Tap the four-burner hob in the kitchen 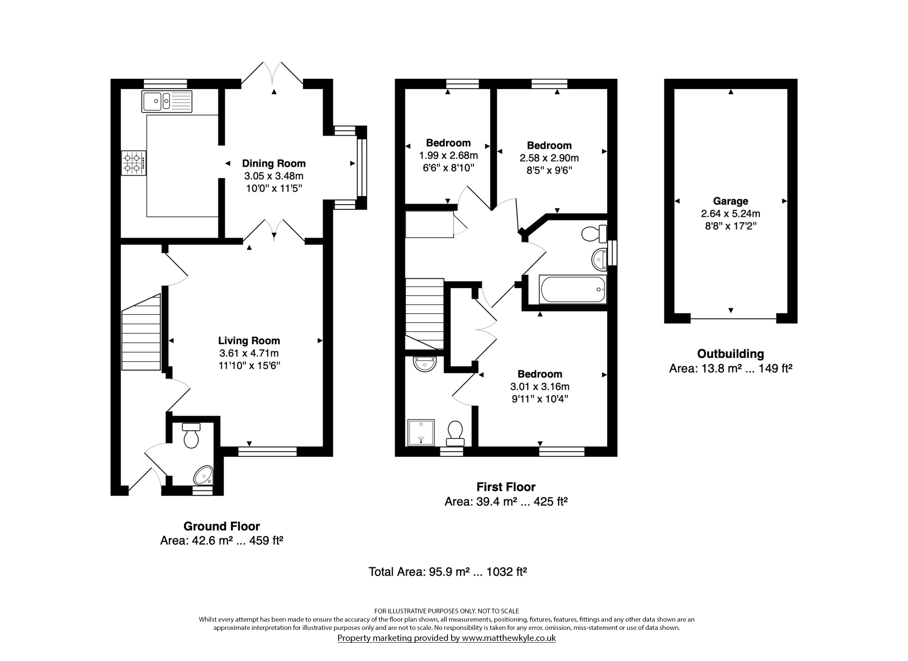click(x=134, y=163)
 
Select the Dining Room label click(x=274, y=164)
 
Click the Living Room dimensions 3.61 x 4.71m click(x=249, y=353)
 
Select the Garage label click(x=730, y=201)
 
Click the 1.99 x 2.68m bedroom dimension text click(x=448, y=155)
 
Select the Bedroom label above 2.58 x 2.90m click(x=549, y=145)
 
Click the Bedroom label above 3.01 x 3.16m click(x=540, y=374)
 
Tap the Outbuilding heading click(x=731, y=354)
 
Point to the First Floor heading click(x=506, y=487)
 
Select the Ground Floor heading click(x=222, y=526)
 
